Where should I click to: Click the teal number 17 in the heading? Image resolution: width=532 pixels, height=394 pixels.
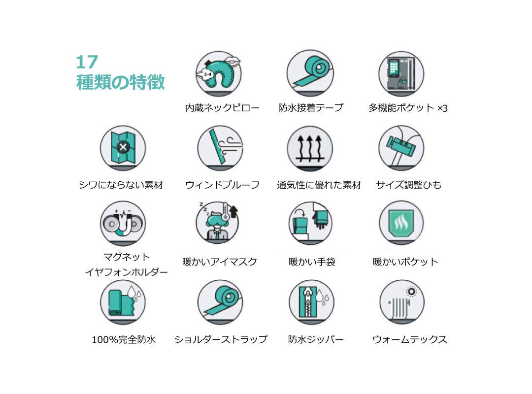[87, 62]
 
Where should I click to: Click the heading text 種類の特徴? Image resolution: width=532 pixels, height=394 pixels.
[121, 82]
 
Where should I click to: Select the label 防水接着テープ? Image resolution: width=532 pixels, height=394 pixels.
[311, 107]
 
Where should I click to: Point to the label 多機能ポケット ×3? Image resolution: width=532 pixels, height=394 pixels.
[408, 108]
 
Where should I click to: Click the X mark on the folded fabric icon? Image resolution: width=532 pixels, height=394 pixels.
[123, 147]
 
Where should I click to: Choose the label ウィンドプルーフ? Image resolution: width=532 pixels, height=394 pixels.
[223, 185]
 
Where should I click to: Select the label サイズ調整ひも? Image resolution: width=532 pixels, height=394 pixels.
[408, 185]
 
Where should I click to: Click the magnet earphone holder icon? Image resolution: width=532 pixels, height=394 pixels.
[123, 223]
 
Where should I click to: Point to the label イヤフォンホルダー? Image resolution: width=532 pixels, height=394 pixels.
[126, 272]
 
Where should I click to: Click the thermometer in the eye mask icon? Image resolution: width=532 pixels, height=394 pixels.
[225, 212]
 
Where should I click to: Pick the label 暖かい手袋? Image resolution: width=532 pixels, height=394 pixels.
[312, 262]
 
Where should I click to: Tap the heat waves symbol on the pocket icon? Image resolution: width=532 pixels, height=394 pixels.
[401, 222]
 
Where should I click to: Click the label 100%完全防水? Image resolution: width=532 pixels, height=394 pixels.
[124, 339]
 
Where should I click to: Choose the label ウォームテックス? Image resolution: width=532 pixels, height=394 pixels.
[410, 339]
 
